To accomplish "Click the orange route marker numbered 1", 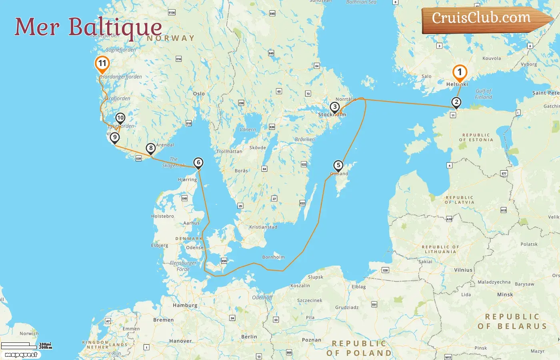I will [460, 72].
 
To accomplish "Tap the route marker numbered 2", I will [456, 102].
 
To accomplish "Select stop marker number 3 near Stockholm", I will [335, 107].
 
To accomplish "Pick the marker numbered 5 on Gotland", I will [338, 165].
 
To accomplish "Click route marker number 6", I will [198, 162].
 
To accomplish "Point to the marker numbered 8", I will [151, 148].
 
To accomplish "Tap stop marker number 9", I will [115, 137].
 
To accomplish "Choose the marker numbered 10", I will [120, 118].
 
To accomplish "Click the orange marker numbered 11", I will [102, 63].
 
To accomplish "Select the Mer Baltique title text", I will [88, 27].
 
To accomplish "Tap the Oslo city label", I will [199, 94].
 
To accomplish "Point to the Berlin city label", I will [249, 337].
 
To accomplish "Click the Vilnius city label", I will [463, 270].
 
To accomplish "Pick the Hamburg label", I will [185, 305].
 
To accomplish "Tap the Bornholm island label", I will [273, 257].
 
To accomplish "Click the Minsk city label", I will [505, 294].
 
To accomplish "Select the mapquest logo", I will [21, 354].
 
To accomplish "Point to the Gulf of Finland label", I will [483, 94].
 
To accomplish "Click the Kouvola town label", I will [492, 58].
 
